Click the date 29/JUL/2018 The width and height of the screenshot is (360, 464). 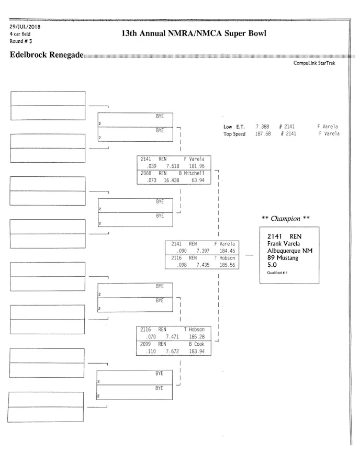coord(25,27)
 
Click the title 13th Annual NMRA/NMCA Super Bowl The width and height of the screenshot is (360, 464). coord(194,33)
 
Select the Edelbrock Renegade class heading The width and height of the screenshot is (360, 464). coord(46,55)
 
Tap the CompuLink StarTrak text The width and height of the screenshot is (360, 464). coord(314,63)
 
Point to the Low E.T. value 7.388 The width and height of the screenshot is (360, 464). coord(262,127)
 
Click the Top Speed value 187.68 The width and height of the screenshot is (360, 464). coord(263,134)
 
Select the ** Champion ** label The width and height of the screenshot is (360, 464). coord(285,219)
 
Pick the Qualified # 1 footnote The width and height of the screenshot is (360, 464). coord(277,273)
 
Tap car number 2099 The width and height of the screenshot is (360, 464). coord(146,344)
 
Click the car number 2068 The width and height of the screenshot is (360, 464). coord(146,173)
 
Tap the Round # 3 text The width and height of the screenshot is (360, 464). coord(21,41)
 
